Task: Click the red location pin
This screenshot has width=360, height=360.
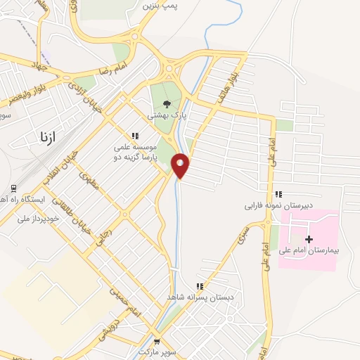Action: [181, 165]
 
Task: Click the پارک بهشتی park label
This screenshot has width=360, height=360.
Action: [165, 113]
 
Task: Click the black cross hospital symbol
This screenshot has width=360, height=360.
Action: [309, 239]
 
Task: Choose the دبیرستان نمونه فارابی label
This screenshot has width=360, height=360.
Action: [278, 205]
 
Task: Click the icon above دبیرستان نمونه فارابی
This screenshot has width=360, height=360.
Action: [278, 194]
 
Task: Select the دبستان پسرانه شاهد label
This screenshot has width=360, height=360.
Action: [199, 297]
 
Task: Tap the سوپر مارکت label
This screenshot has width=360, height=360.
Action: [156, 349]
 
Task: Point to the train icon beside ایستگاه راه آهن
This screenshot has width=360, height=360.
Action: [13, 188]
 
